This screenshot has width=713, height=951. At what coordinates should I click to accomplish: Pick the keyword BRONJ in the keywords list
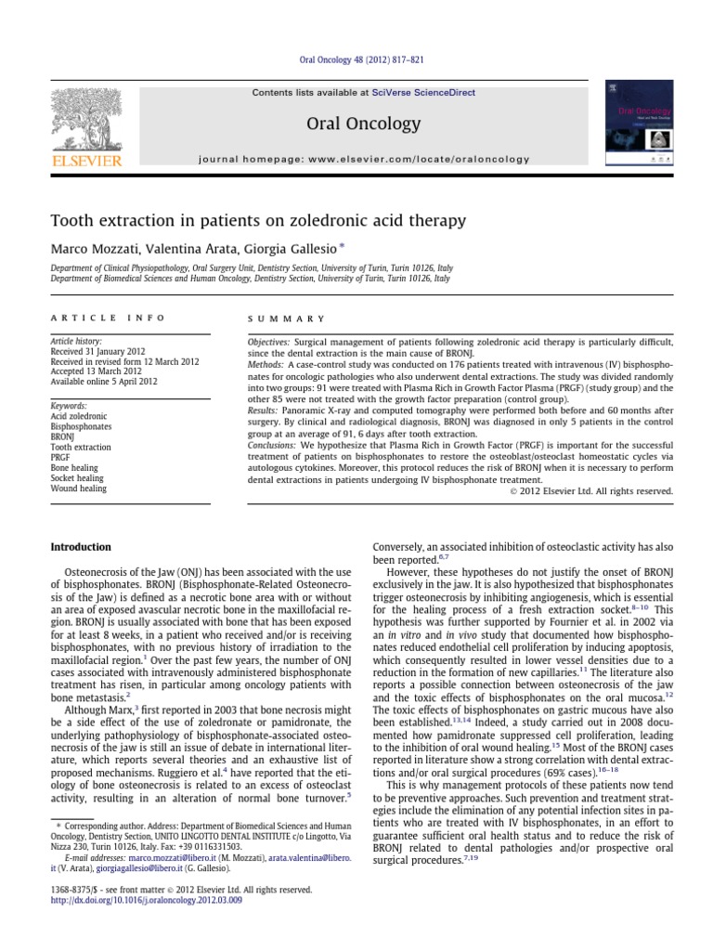pos(64,437)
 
